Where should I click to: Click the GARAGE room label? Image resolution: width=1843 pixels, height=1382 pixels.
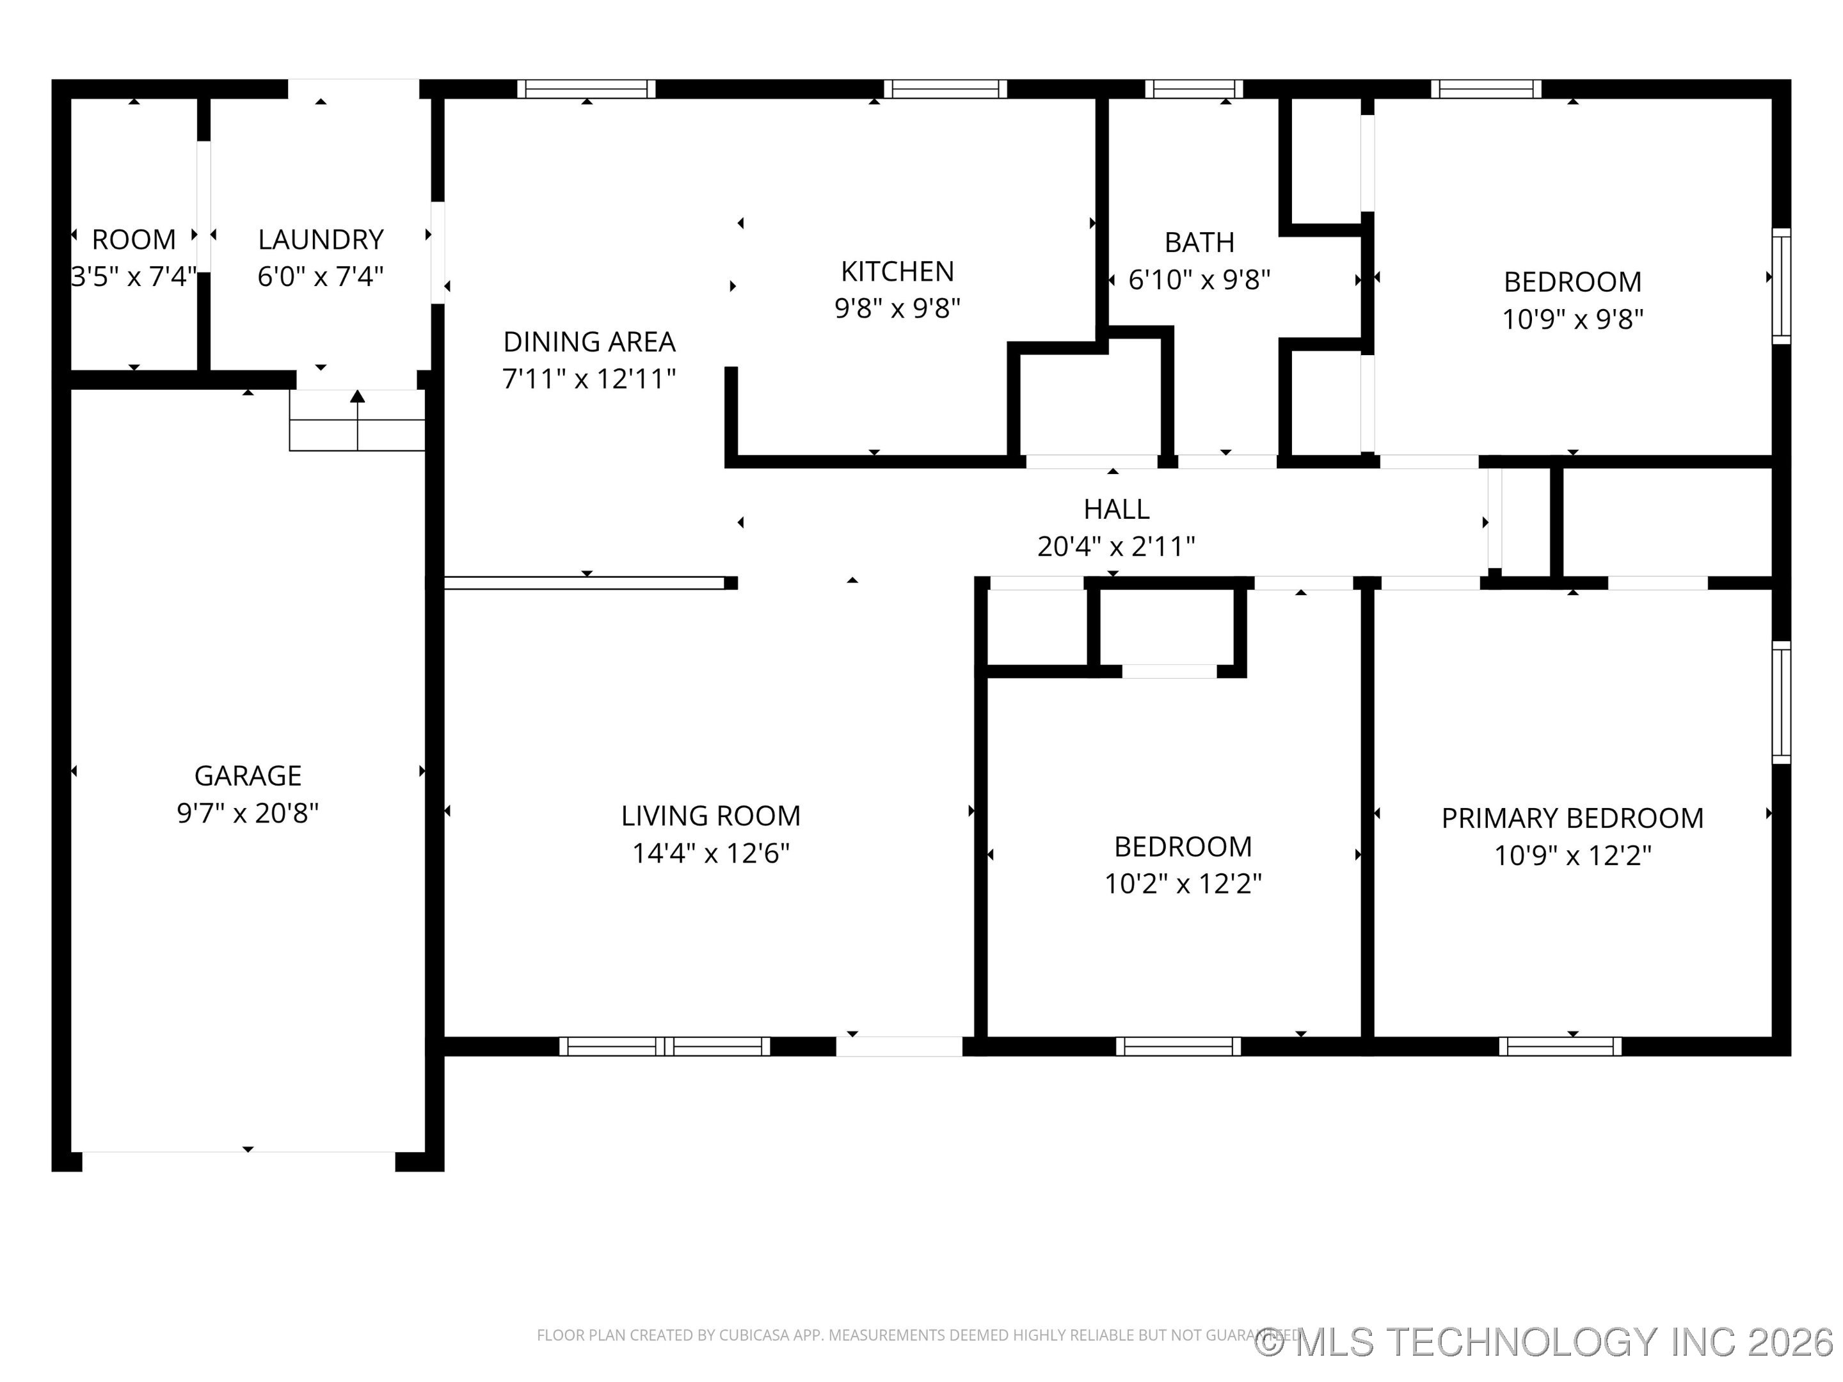[x=248, y=775]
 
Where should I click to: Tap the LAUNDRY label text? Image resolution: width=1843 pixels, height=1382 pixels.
[x=320, y=240]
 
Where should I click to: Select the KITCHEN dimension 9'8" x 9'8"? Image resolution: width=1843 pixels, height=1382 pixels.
[x=897, y=308]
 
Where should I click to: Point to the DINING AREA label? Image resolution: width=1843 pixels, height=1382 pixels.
[x=589, y=342]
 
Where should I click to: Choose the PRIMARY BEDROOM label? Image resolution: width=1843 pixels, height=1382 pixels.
[x=1572, y=818]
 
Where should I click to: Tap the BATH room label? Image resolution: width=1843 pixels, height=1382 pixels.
[x=1199, y=242]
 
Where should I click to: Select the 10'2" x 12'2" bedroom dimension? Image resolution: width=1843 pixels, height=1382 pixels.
[x=1183, y=883]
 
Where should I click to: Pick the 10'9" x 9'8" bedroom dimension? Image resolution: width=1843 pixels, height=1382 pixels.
[x=1572, y=319]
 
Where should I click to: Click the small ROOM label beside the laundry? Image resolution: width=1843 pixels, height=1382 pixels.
[x=133, y=240]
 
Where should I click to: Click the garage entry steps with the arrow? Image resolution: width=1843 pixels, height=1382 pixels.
[x=358, y=421]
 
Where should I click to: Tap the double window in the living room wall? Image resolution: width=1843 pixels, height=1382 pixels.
[x=664, y=1046]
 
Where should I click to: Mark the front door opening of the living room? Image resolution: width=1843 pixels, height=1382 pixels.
[x=899, y=1046]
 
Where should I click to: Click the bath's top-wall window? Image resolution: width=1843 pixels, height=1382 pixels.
[x=1193, y=89]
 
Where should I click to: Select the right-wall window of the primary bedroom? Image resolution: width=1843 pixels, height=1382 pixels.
[x=1780, y=703]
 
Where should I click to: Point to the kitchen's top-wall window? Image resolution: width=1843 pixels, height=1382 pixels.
[x=945, y=89]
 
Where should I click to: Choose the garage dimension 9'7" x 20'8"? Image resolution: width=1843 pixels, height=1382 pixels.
[x=248, y=813]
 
